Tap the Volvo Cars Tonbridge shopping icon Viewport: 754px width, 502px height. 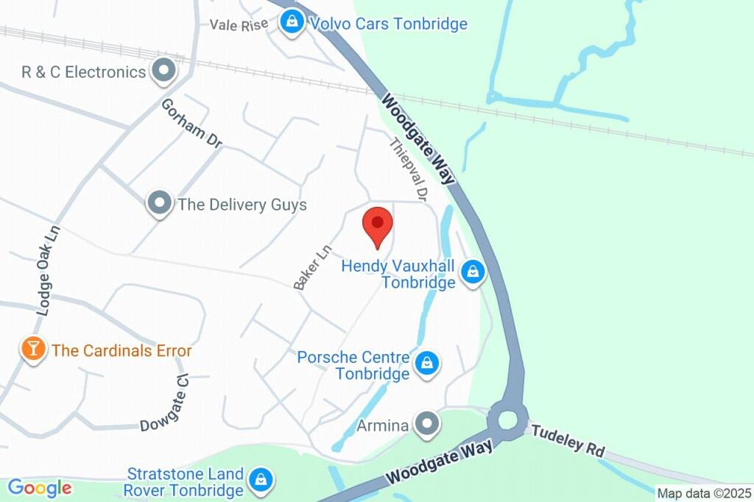tap(293, 21)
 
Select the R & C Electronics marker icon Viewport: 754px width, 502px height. tap(163, 71)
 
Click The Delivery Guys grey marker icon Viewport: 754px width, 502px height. tap(158, 203)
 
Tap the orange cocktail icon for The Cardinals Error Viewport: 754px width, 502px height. tap(33, 349)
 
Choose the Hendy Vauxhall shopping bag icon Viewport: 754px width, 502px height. tap(472, 272)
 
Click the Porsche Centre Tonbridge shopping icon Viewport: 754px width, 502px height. tap(426, 363)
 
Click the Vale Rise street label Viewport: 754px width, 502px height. tap(239, 24)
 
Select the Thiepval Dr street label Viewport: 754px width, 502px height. tap(407, 170)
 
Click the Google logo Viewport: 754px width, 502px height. tap(39, 487)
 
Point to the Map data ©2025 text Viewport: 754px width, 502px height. tap(703, 494)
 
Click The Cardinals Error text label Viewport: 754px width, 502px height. tap(121, 350)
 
